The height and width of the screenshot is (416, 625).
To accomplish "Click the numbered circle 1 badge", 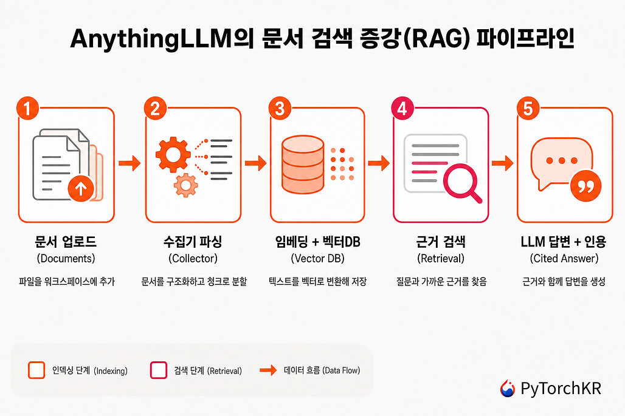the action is (x=27, y=108).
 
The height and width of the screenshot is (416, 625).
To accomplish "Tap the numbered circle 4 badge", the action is (x=402, y=108).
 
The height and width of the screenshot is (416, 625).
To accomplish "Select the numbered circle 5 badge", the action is (x=528, y=108).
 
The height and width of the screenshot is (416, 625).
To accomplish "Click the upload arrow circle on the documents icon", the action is (x=81, y=188).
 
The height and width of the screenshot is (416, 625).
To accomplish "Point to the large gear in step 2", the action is (x=173, y=154).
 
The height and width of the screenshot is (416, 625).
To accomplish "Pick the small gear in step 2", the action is (x=186, y=185).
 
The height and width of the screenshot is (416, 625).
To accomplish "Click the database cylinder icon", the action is (x=303, y=165).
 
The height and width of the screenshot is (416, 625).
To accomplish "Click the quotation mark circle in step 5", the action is (x=585, y=186).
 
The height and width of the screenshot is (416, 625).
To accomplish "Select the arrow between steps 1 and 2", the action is (x=129, y=163).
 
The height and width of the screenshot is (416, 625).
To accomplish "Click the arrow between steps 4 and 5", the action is (x=503, y=163).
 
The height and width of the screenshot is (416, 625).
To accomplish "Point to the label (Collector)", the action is (x=193, y=258).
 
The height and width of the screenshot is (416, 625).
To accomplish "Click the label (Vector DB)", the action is (x=317, y=258).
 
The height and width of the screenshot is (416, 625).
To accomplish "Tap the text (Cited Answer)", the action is (x=564, y=258).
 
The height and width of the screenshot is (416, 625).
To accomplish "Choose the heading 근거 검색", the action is (x=440, y=242).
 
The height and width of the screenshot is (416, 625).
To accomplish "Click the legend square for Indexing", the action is (x=36, y=370).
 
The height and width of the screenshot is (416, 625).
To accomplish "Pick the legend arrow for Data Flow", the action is (x=268, y=370).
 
